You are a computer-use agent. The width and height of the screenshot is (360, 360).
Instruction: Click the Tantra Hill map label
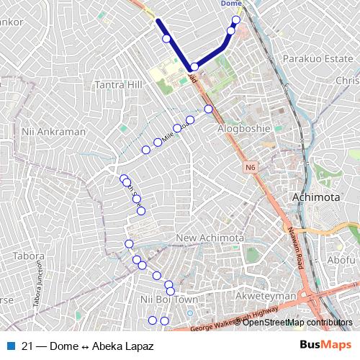point(120,85)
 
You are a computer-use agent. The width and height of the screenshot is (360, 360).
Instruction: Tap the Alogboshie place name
point(243,128)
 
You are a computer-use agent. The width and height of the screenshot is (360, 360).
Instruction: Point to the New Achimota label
point(210,238)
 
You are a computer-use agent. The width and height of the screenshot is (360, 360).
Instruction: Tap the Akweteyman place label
point(267,295)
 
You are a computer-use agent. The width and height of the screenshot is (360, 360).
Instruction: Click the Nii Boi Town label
point(168,299)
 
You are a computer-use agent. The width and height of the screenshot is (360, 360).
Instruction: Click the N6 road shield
point(249,168)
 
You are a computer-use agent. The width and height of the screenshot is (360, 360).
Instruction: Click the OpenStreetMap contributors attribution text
point(297,323)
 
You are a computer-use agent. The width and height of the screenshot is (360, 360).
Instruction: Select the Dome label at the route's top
point(230,4)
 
